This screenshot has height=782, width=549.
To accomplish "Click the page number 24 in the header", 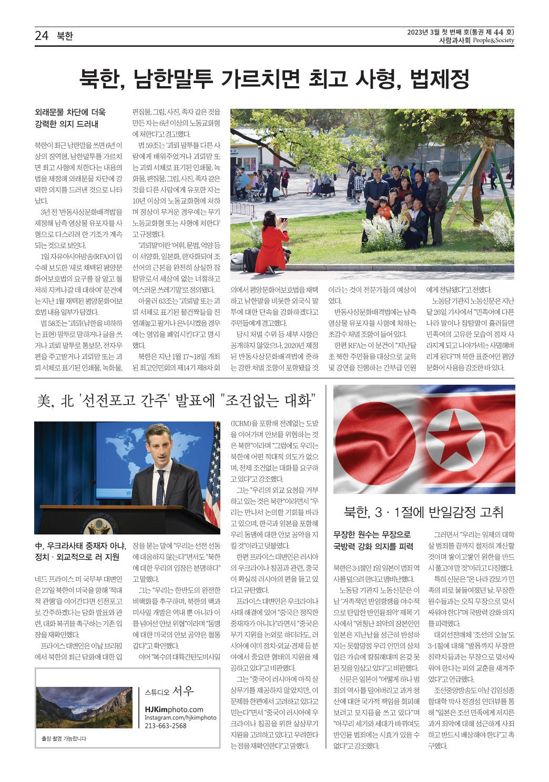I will click(42, 36).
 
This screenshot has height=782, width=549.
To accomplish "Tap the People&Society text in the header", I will click(493, 40).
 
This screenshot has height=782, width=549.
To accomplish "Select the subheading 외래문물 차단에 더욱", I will click(70, 112).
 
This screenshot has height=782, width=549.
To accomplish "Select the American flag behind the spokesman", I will click(213, 481).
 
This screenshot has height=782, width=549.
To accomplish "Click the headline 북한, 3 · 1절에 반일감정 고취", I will click(423, 512).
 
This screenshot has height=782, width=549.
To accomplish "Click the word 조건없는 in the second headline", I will click(251, 401).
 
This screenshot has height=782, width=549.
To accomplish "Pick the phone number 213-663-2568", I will click(166, 726).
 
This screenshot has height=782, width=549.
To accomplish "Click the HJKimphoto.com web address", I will click(174, 709).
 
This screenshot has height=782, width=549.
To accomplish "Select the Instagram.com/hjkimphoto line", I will click(180, 718).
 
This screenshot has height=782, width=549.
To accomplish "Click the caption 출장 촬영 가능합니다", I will click(64, 738).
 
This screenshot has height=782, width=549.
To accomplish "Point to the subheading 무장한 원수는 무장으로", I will click(372, 534).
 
